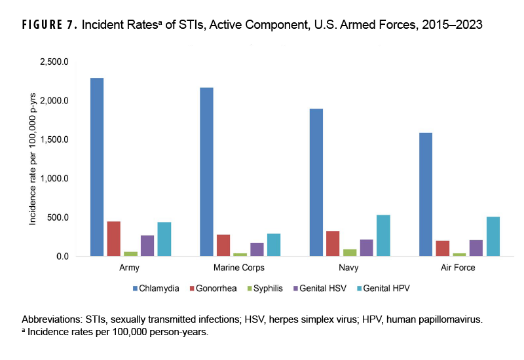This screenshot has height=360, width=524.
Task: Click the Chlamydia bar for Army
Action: [x=97, y=167]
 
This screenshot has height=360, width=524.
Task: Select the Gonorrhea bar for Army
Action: [x=114, y=239]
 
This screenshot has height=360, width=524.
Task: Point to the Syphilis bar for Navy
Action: [x=349, y=253]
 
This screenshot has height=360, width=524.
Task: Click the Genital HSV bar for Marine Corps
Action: [x=239, y=249]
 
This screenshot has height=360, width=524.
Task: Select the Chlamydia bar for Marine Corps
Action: [x=206, y=171]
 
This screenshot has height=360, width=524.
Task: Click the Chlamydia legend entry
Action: [x=157, y=288]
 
